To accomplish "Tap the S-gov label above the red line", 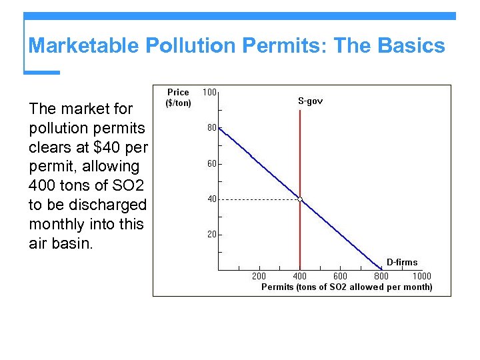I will (x=310, y=101).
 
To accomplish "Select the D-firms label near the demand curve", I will (x=402, y=263).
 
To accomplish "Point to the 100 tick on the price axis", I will (x=209, y=92).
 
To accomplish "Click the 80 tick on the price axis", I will (x=211, y=128).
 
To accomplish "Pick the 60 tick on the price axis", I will (x=211, y=163).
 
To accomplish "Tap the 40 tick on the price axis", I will (x=211, y=199).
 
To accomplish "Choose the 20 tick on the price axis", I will (x=211, y=235).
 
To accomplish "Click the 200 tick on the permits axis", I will (x=259, y=276).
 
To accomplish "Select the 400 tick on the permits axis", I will (x=300, y=276).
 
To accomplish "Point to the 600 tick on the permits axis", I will (x=340, y=276).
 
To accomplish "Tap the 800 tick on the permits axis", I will (x=381, y=276).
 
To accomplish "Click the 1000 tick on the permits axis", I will (x=421, y=276).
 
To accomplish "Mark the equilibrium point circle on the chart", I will (x=300, y=199).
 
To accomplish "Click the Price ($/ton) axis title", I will (x=178, y=97).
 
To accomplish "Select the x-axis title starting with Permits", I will (x=346, y=287).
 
